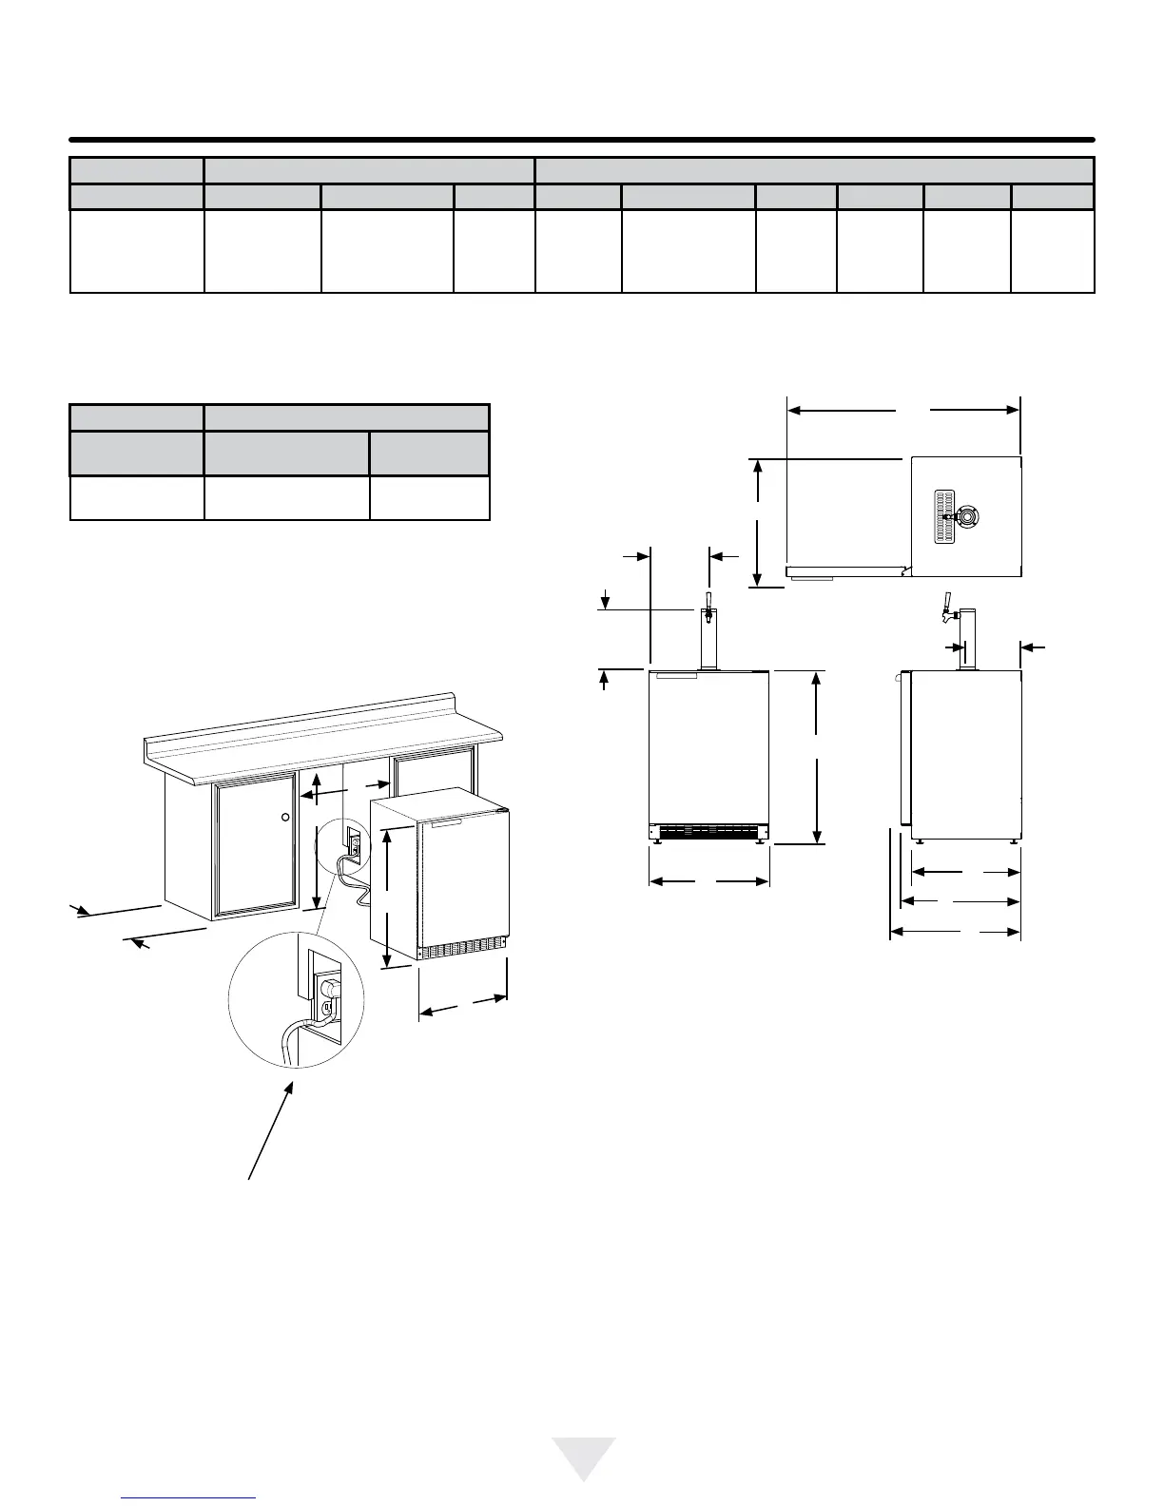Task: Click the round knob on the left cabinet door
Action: [x=285, y=817]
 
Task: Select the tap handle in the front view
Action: [x=708, y=602]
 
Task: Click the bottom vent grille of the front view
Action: [x=708, y=831]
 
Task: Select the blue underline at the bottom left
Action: [x=189, y=1497]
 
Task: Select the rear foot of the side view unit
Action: [x=1014, y=841]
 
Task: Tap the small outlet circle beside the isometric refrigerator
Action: [x=353, y=844]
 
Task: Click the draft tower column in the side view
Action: [x=967, y=642]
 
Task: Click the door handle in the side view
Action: [x=900, y=679]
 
